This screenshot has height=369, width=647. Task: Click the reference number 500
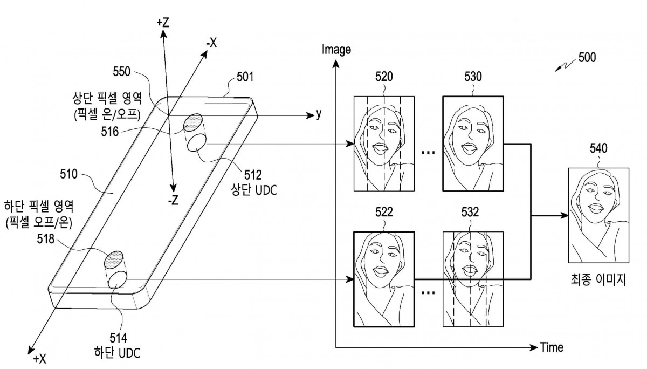(585, 58)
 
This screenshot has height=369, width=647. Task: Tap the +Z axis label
(163, 23)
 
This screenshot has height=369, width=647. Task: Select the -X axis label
(209, 44)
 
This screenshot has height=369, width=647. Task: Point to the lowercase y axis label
(319, 114)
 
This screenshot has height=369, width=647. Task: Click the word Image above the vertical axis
(336, 50)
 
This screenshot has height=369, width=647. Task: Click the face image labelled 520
(384, 143)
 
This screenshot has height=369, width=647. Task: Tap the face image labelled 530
(472, 143)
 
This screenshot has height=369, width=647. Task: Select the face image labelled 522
(384, 279)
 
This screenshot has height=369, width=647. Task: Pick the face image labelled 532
(472, 279)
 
